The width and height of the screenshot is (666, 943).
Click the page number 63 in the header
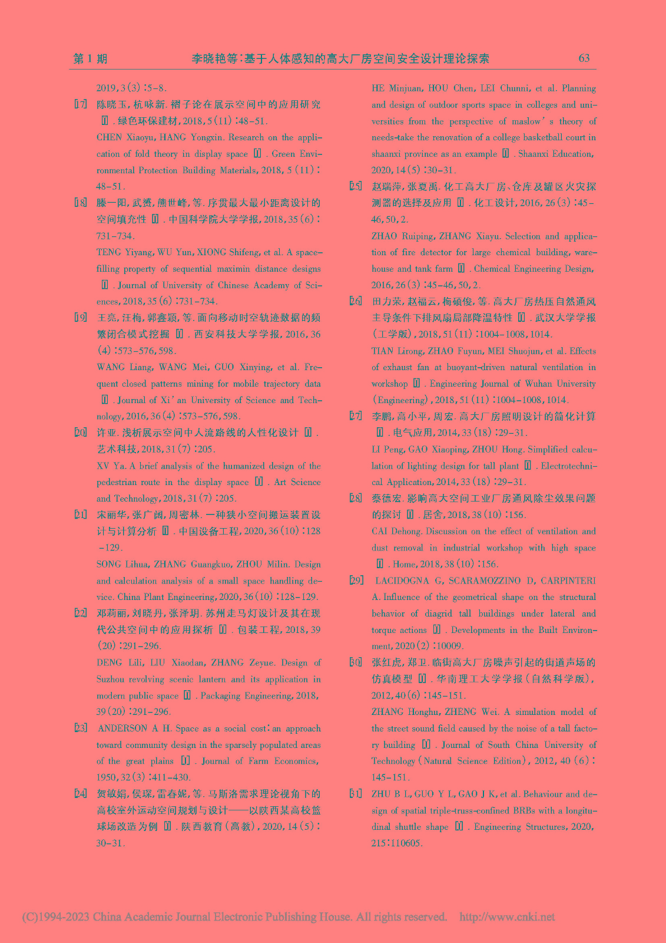tap(584, 58)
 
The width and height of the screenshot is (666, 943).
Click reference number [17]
tap(81, 105)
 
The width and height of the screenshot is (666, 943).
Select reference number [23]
tap(81, 728)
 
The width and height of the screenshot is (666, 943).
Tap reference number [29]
tap(356, 581)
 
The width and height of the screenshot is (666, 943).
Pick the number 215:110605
tap(397, 843)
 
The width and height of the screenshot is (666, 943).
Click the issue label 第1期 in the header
tap(90, 58)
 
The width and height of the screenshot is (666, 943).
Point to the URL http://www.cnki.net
tap(506, 917)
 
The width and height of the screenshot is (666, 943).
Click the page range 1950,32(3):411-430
tap(143, 777)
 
